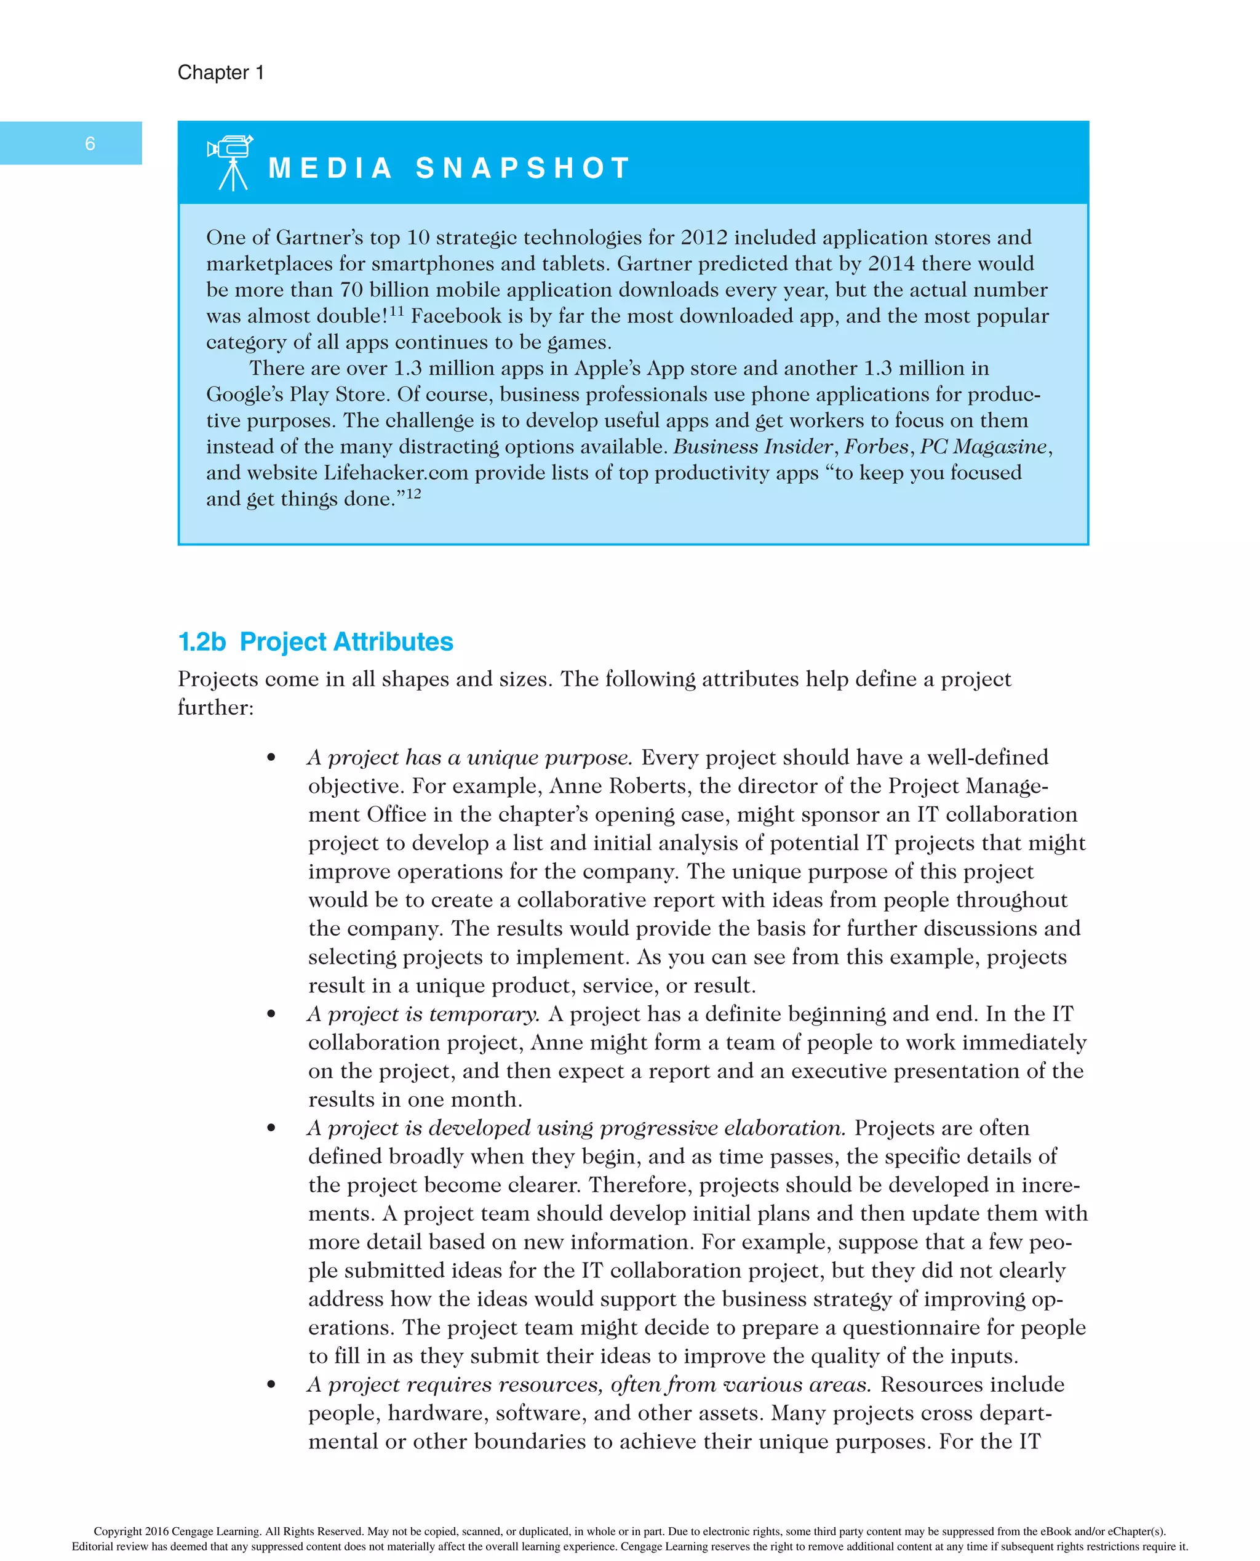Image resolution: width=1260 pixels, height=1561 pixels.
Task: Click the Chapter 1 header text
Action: click(221, 73)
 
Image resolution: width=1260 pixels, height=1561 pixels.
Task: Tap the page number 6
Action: click(90, 144)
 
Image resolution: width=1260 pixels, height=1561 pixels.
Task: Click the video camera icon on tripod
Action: click(231, 163)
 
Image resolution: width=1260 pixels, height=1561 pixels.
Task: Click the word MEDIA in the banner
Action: click(330, 169)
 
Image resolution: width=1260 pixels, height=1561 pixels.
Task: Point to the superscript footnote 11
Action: click(396, 311)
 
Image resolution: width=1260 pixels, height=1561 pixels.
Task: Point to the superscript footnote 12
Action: click(413, 494)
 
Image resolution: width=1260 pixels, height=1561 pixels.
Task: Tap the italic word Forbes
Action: click(876, 446)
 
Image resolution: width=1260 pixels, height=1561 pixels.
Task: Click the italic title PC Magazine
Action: click(984, 446)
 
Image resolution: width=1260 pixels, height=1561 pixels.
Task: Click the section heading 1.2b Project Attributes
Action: click(316, 642)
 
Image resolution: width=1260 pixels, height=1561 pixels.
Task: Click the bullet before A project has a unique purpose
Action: click(271, 758)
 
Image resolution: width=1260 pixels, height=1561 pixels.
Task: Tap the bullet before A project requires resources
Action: click(271, 1384)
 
